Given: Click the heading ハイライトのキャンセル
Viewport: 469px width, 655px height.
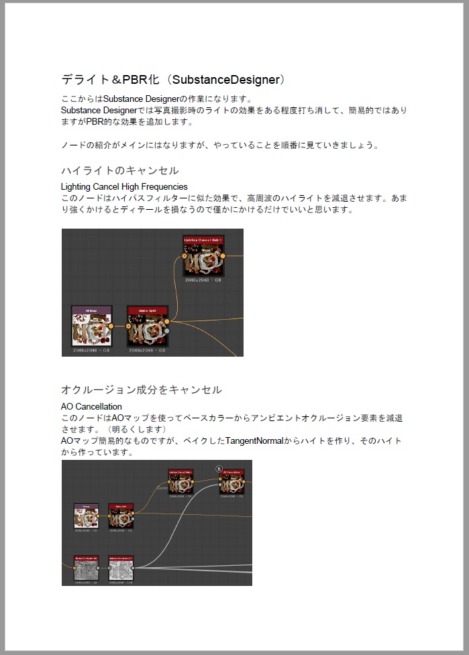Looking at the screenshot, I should (x=120, y=170).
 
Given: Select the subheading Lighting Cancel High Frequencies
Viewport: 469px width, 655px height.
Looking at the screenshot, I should (x=124, y=186).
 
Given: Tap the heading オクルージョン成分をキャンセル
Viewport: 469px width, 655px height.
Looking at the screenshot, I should (x=142, y=390).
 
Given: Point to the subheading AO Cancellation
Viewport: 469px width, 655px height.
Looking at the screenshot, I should (x=91, y=406).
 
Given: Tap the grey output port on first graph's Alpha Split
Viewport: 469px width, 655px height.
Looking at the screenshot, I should (x=167, y=331).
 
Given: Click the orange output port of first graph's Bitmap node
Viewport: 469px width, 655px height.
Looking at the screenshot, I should (x=111, y=326).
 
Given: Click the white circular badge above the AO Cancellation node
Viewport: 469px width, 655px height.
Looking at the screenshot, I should (x=219, y=468).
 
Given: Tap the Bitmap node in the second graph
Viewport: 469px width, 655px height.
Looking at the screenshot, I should (x=86, y=517).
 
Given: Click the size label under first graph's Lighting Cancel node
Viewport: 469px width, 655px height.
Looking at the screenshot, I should (x=203, y=280).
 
